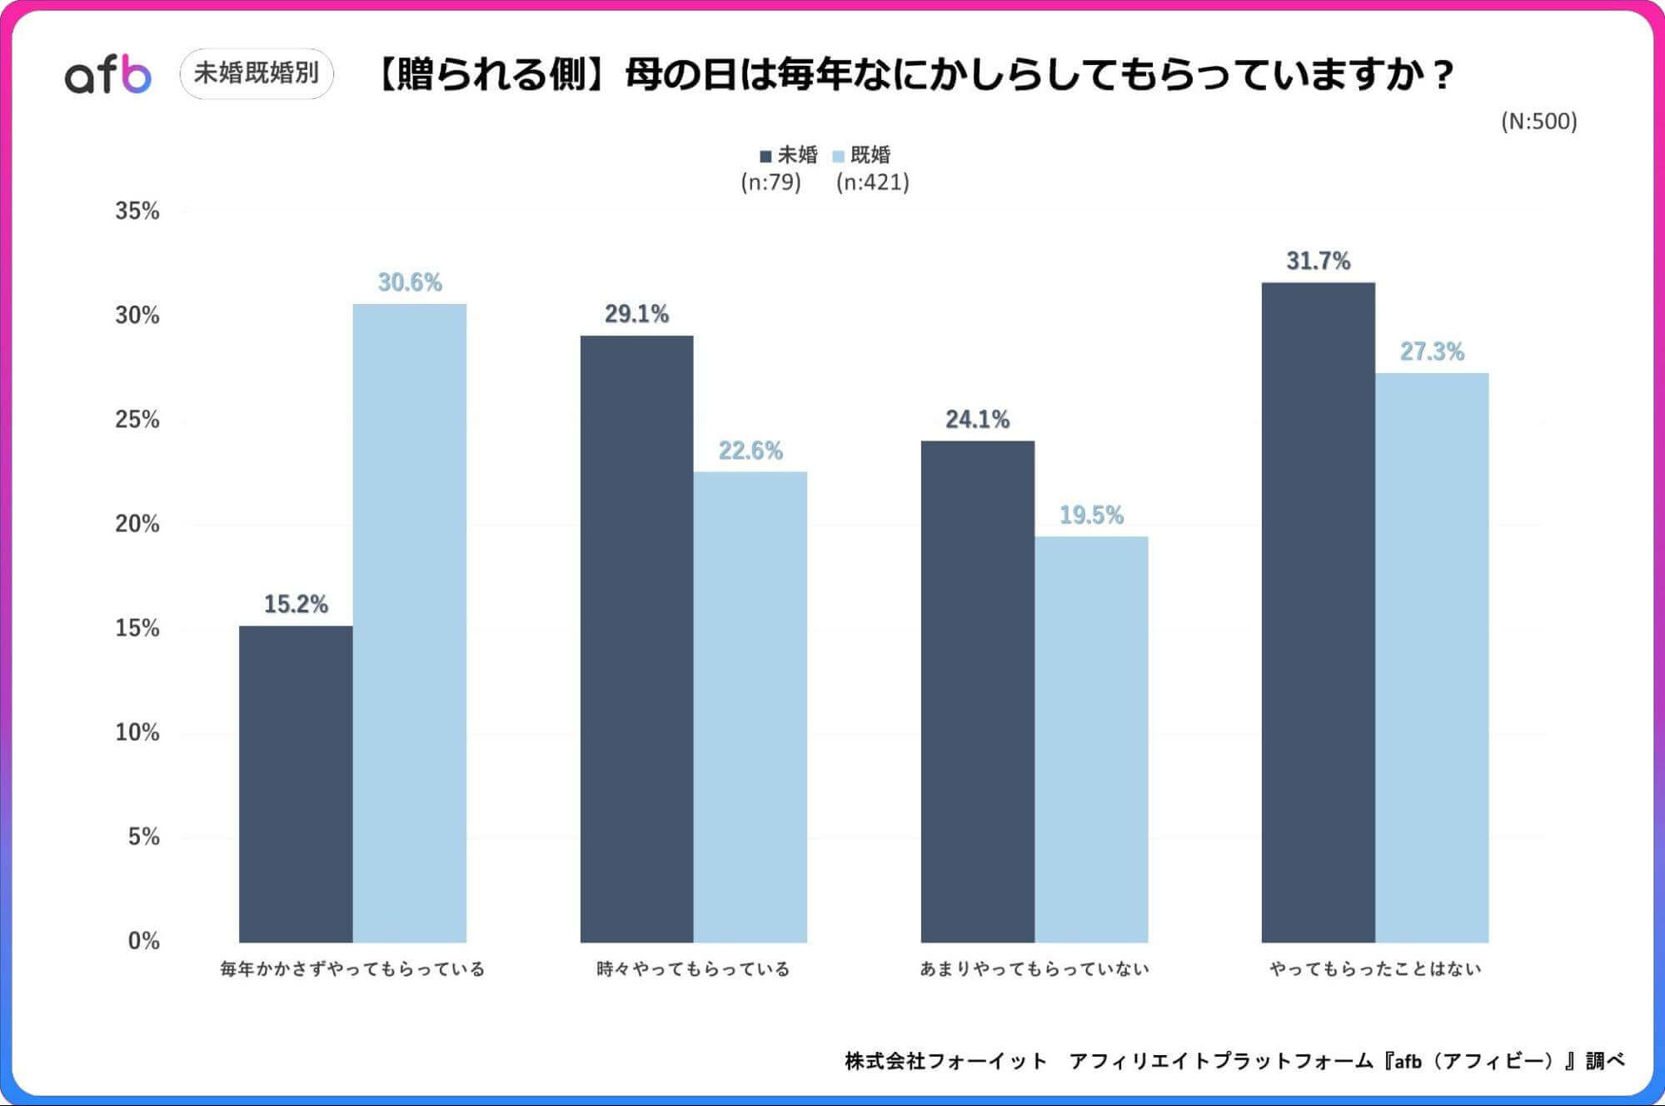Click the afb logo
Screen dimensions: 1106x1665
pos(108,75)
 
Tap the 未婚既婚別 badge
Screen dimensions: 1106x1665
pos(257,73)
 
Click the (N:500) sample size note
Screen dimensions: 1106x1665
pos(1538,122)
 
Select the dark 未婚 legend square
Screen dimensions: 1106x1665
pos(765,156)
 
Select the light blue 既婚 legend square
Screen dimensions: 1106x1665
pos(839,156)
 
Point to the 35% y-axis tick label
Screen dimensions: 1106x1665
pos(137,211)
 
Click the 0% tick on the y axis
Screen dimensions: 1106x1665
pos(143,940)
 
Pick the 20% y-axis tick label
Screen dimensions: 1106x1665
pos(137,524)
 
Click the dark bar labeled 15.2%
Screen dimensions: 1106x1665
pos(296,783)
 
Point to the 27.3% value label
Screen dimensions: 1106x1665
pos(1432,351)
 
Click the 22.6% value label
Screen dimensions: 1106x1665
pos(750,451)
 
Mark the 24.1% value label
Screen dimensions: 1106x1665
pos(977,419)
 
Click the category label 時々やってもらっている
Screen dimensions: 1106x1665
pos(693,969)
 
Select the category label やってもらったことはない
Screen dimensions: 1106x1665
pos(1375,969)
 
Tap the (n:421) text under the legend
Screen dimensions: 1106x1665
pos(872,182)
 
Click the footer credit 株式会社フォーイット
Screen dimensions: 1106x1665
pos(945,1060)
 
